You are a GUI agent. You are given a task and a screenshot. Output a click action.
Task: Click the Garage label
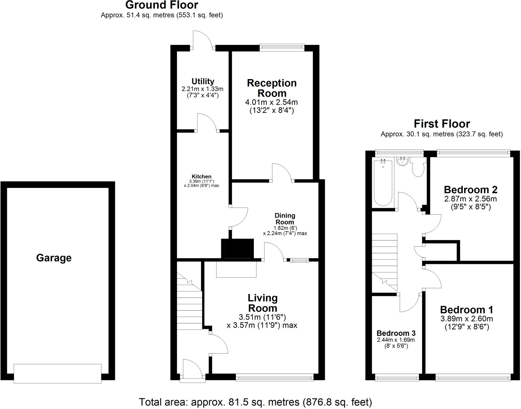click(x=54, y=258)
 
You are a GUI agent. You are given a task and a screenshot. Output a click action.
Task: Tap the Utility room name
click(x=203, y=81)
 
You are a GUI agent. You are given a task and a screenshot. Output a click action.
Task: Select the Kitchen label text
click(x=201, y=177)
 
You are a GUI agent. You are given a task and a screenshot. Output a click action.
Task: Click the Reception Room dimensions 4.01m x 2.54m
click(x=271, y=102)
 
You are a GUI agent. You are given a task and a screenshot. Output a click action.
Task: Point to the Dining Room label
click(x=285, y=219)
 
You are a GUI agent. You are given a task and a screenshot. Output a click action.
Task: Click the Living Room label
click(x=263, y=303)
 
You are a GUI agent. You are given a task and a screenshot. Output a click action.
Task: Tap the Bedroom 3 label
click(x=396, y=333)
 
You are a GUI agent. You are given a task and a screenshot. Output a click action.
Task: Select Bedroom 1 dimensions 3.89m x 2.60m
click(x=467, y=319)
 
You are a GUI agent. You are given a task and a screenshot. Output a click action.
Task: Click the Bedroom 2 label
click(x=470, y=190)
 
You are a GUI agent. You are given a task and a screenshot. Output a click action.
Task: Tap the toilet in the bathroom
click(x=418, y=168)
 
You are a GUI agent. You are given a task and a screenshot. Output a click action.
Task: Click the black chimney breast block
click(x=238, y=249)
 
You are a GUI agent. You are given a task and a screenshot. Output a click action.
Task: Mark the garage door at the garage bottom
click(x=57, y=373)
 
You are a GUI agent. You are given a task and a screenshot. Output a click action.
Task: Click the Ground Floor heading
click(x=162, y=5)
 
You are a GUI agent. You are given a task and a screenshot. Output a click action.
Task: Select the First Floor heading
click(x=442, y=124)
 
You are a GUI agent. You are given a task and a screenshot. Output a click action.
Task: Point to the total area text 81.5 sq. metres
click(x=255, y=402)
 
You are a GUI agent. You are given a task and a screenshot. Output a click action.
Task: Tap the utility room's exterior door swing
click(x=202, y=39)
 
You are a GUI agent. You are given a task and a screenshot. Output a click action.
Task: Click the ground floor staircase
click(x=189, y=303)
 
